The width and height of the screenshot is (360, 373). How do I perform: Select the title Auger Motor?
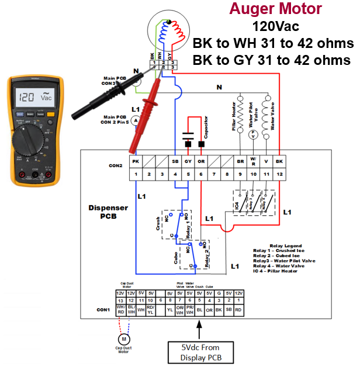pos(275,9)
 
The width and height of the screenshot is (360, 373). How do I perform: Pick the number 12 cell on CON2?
pos(279,174)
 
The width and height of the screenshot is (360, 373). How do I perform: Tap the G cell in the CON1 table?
pos(218,293)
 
